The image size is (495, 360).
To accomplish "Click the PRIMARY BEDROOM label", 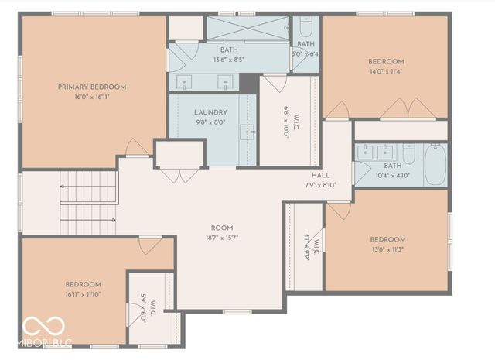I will [x=91, y=87].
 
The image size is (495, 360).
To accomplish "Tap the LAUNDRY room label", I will [x=210, y=112].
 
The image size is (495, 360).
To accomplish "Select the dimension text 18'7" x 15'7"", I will [x=222, y=238].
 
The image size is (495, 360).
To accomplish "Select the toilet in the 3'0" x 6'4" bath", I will [x=306, y=29].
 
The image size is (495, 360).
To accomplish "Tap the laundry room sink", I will [x=247, y=132].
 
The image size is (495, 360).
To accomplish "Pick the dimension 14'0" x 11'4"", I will [x=385, y=72].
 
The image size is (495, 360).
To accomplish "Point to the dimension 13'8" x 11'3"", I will [x=387, y=249].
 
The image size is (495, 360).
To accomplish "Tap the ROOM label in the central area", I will [x=222, y=228].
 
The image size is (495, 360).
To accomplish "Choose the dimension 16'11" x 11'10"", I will [x=83, y=294].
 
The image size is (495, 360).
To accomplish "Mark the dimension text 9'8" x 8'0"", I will [x=210, y=122].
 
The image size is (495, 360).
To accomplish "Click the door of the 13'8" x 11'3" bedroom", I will [x=339, y=210].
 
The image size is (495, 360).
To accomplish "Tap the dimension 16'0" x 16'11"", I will [x=91, y=98].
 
